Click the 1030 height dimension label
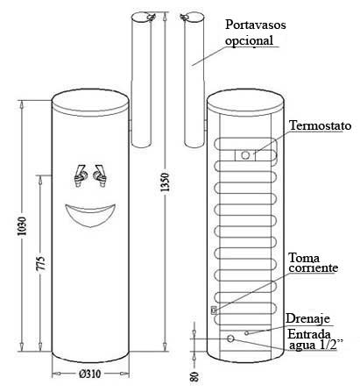(22, 226)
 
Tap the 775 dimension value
(41, 263)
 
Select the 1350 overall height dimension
(165, 182)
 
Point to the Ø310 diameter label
(89, 374)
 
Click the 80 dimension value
(194, 376)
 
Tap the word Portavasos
(256, 25)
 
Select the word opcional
(249, 40)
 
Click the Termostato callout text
(321, 125)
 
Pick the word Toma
(304, 258)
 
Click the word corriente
(314, 267)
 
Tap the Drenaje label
(307, 318)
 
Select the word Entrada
(309, 334)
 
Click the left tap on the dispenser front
(80, 175)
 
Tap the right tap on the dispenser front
(100, 176)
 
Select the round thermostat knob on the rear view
(245, 155)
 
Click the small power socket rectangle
(214, 310)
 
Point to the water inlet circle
(230, 339)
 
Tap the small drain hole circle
(247, 333)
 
